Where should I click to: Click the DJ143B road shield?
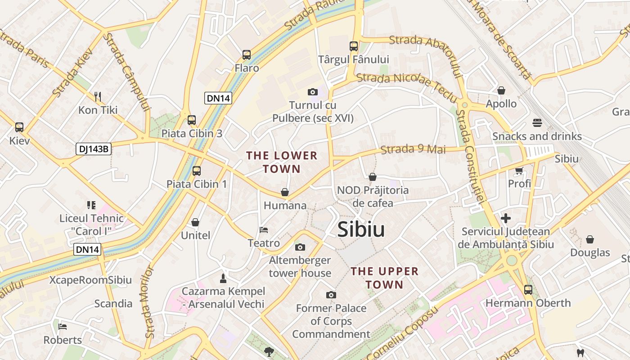tap(93, 149)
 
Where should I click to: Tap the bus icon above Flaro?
tap(247, 55)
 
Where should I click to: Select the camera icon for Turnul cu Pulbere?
tap(313, 92)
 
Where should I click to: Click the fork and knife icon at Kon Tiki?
tap(98, 96)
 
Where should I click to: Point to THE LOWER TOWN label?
tap(282, 162)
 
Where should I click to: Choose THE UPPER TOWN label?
tap(384, 278)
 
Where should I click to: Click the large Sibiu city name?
tap(361, 229)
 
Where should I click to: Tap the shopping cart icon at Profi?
tap(519, 171)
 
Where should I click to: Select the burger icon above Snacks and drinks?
tap(537, 122)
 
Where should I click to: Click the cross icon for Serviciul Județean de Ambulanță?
tap(506, 218)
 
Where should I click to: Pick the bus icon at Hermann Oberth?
tap(528, 290)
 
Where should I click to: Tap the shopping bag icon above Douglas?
tap(589, 239)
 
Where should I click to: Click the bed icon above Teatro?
tap(264, 230)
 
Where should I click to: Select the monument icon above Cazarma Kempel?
tap(223, 277)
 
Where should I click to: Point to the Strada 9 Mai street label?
tap(413, 149)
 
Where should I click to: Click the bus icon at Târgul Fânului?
tap(353, 46)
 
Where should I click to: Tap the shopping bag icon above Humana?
tap(285, 192)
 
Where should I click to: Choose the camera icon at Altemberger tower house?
tap(300, 247)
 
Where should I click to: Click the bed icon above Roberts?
tap(63, 326)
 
